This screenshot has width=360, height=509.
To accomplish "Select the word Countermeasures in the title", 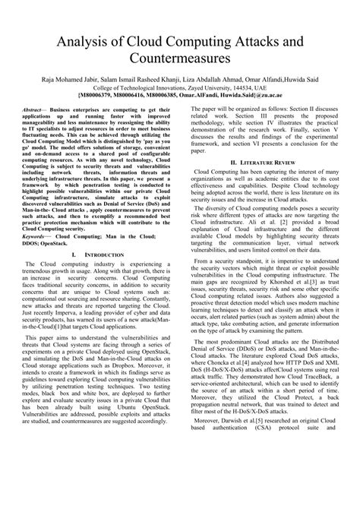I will tap(179, 57).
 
